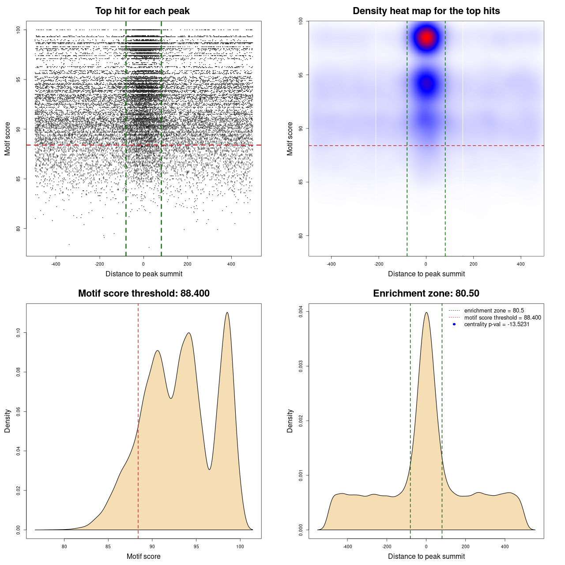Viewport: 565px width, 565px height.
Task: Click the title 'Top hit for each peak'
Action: click(x=142, y=11)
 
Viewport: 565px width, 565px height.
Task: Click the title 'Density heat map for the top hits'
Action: click(x=426, y=11)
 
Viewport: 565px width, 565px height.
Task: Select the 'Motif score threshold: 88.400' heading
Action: click(x=143, y=294)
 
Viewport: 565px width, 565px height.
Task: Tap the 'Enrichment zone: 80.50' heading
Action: click(x=426, y=294)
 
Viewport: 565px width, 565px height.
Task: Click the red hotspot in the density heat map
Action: click(x=426, y=38)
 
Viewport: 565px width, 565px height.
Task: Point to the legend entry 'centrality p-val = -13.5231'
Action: click(x=497, y=324)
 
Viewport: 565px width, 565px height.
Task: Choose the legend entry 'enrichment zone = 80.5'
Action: click(x=494, y=311)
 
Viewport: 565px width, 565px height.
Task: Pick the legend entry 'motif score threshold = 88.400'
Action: click(x=502, y=318)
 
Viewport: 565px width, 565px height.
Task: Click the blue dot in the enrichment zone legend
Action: click(x=454, y=324)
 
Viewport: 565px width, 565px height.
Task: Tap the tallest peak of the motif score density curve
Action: click(x=227, y=313)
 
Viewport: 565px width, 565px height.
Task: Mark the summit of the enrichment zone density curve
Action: click(x=426, y=313)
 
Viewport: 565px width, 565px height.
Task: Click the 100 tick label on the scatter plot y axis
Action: click(x=19, y=30)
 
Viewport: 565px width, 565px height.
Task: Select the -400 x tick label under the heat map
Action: click(x=331, y=264)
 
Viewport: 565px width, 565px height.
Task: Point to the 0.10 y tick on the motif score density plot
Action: click(x=19, y=332)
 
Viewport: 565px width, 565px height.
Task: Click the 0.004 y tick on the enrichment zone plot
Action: click(x=301, y=312)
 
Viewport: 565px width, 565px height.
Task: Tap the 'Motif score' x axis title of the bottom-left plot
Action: click(x=143, y=556)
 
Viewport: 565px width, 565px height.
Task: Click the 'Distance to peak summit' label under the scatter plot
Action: click(x=144, y=274)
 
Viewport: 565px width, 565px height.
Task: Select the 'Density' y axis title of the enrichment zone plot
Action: click(x=290, y=421)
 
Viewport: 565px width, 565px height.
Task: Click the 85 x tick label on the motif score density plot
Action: click(x=108, y=546)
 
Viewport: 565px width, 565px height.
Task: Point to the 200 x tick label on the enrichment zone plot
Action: click(x=466, y=546)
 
